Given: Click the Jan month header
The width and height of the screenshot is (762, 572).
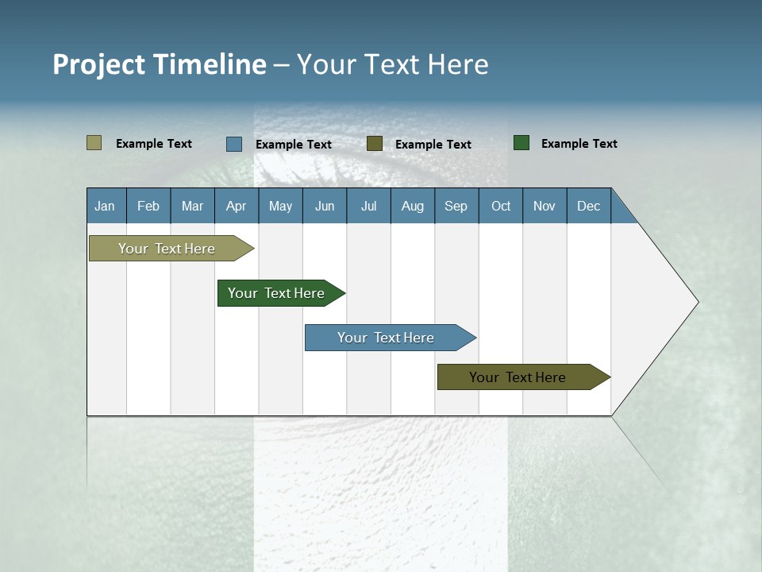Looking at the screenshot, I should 105,206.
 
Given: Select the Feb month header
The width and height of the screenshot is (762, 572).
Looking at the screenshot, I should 148,206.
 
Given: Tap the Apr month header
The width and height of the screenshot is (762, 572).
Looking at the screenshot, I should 236,206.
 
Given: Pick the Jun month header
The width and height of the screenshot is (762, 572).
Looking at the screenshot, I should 325,206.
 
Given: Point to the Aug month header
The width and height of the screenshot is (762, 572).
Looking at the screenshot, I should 413,206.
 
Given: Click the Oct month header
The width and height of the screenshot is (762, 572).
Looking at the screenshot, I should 501,206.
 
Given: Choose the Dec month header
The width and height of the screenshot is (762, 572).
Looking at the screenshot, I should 588,206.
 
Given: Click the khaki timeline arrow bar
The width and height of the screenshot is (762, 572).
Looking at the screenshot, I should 167,249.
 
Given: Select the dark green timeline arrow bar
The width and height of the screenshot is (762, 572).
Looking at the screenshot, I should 276,293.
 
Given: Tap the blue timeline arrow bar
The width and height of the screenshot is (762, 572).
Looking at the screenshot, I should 386,338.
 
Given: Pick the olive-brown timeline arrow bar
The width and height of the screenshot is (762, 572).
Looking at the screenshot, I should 518,377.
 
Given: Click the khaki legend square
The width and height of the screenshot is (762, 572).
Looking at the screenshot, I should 94,143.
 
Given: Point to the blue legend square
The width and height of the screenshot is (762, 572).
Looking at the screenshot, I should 234,144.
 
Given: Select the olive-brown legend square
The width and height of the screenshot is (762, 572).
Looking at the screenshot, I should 375,143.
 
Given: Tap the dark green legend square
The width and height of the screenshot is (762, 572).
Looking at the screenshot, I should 521,143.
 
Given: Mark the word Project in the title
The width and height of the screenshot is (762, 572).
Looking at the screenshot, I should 98,64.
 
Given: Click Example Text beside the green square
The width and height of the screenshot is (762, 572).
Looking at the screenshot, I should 579,144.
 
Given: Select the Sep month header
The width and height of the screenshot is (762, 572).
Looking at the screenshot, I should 456,206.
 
